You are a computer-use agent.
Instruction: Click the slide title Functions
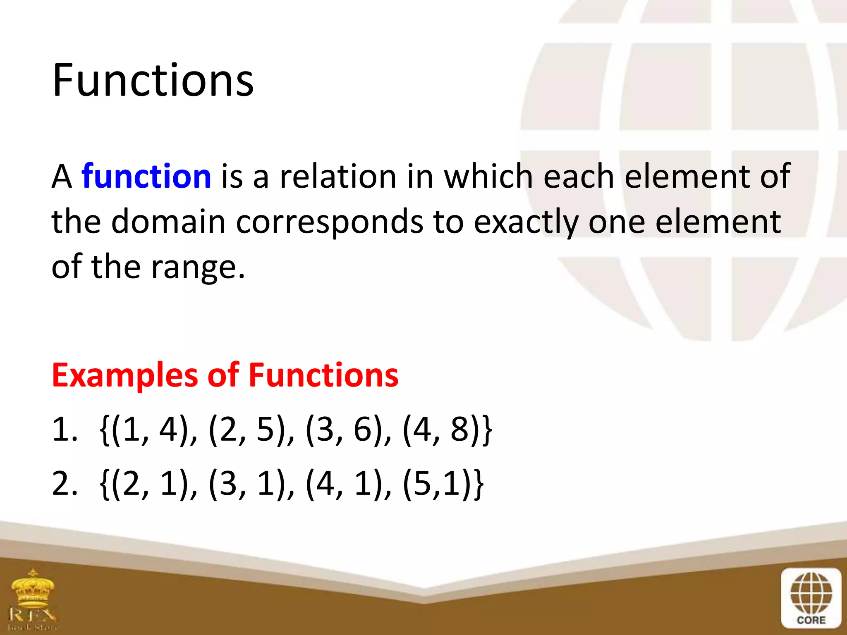[x=153, y=81]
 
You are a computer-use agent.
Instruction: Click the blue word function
[x=146, y=177]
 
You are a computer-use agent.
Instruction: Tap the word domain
[x=168, y=222]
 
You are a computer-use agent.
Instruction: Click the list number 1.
[x=64, y=430]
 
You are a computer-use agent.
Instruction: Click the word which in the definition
[x=488, y=177]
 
